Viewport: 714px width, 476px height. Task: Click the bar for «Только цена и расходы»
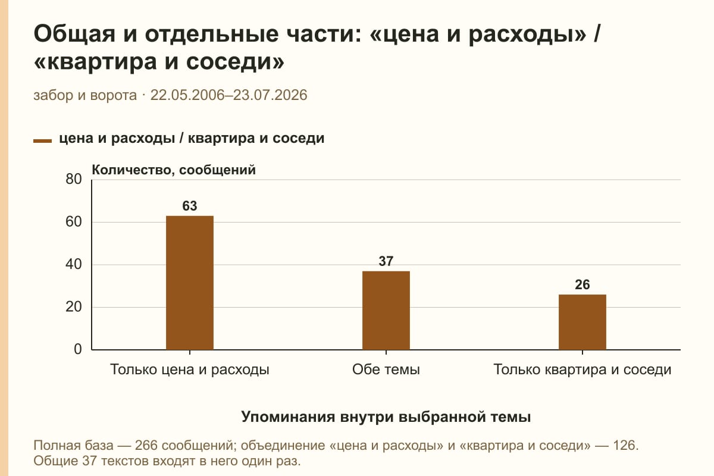click(x=190, y=283)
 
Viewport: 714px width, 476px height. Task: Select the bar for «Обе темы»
click(x=386, y=311)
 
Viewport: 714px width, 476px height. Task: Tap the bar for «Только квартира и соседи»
click(x=583, y=322)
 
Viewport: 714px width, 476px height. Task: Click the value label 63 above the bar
click(x=190, y=206)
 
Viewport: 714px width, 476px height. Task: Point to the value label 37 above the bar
click(x=386, y=261)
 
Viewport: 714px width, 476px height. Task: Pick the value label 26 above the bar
click(x=583, y=284)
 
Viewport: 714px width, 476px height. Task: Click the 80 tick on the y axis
click(x=74, y=179)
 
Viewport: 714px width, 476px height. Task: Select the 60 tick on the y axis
click(x=74, y=222)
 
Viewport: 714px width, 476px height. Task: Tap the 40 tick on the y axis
click(x=74, y=264)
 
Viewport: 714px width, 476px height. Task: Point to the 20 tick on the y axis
click(x=74, y=307)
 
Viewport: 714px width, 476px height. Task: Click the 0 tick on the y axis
click(x=78, y=349)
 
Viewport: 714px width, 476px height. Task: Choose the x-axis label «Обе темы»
click(x=386, y=369)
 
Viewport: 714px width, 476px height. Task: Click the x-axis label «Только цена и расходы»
click(x=190, y=370)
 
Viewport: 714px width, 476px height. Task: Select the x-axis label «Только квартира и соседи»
click(x=583, y=370)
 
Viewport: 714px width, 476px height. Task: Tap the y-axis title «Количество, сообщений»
click(x=174, y=170)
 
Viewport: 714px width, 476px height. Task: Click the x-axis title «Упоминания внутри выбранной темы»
click(x=386, y=416)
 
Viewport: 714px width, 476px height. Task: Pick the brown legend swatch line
click(x=42, y=141)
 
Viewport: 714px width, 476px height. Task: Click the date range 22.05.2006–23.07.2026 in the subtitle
click(x=228, y=95)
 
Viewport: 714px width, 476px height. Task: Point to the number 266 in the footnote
click(x=146, y=445)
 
